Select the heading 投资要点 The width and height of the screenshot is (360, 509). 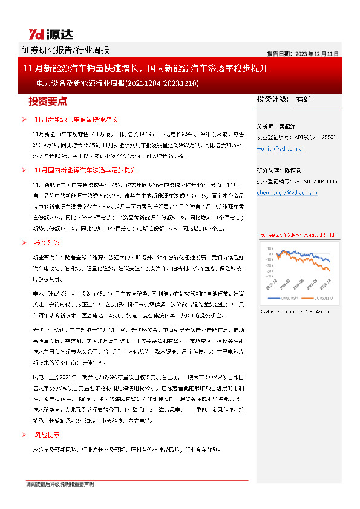point(48,101)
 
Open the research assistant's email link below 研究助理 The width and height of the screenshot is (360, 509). point(283,192)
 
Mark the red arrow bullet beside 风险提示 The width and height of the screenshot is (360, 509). point(24,435)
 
